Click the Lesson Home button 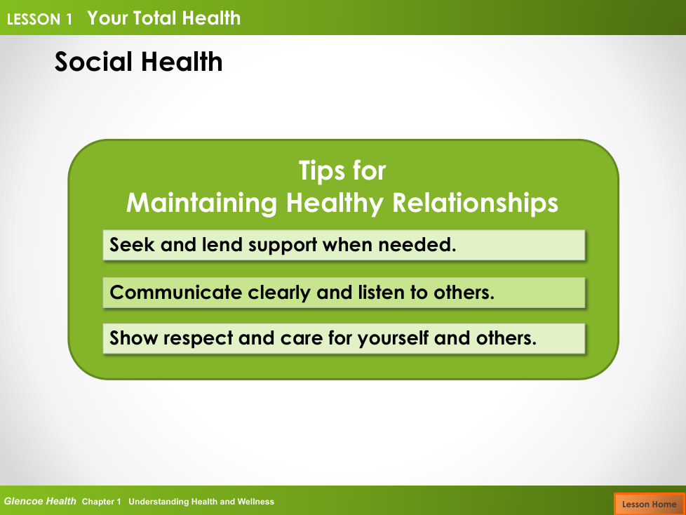coord(650,504)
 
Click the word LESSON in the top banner coord(34,19)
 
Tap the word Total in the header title coord(155,18)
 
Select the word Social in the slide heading coord(93,61)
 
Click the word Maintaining coord(202,203)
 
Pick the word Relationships coord(475,203)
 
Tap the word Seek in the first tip coord(132,245)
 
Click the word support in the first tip coord(283,246)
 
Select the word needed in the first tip coord(417,245)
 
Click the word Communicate coord(175,293)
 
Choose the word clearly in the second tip coord(279,293)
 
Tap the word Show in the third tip coord(133,338)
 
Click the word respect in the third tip coord(199,339)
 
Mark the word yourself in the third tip coord(393,339)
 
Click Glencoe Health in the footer coord(40,502)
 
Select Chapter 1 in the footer coord(101,502)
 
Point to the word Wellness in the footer coord(255,502)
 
